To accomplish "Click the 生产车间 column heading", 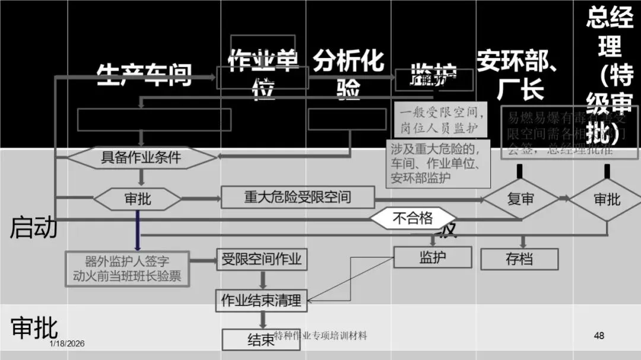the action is [145, 75].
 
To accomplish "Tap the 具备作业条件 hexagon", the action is [141, 158].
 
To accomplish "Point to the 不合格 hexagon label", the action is [413, 218].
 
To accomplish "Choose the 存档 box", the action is [519, 259].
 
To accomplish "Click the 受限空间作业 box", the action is [262, 259].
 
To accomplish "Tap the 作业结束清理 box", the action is [262, 300].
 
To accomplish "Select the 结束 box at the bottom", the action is [261, 340].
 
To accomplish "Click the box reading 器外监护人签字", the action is [127, 268].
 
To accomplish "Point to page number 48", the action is [599, 336].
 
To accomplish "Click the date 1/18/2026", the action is [67, 344].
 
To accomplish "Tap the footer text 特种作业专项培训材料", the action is [321, 336].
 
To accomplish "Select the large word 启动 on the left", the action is [34, 228].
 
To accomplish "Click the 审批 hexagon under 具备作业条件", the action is [138, 199].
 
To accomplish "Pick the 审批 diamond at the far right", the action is [607, 199].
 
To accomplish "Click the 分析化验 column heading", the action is [348, 75].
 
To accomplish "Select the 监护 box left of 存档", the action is [433, 257].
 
